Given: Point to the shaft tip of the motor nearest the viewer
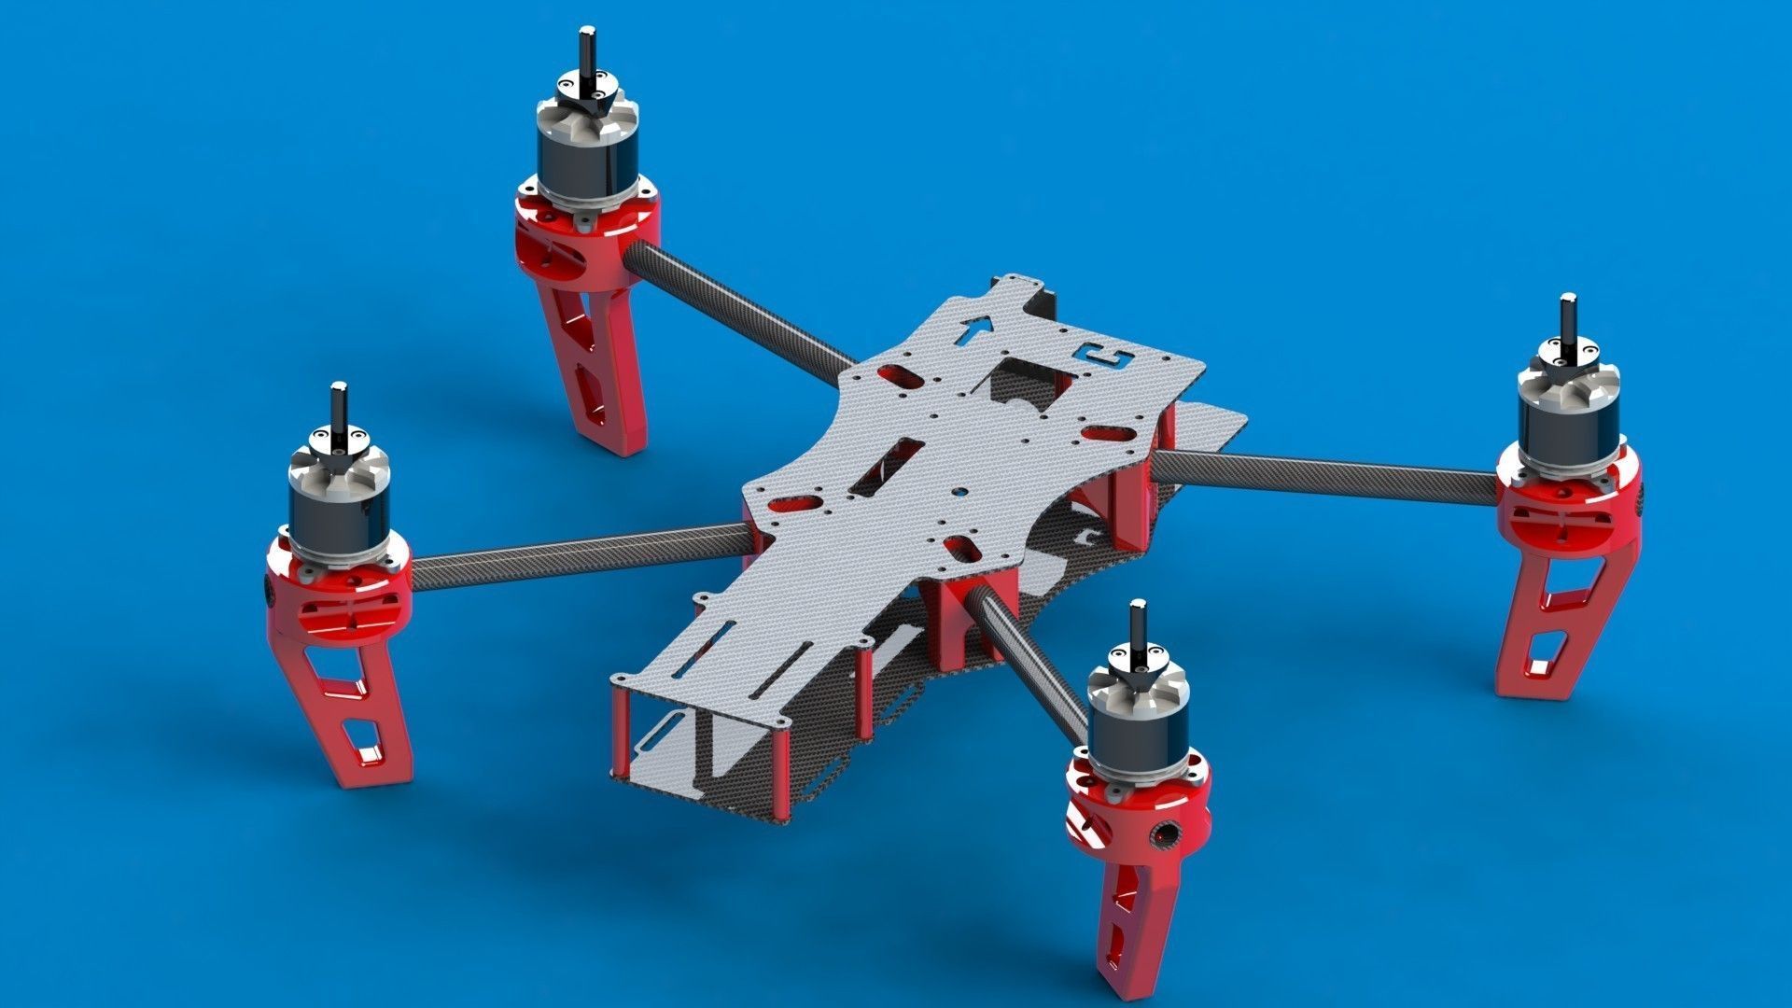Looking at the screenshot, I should click(x=1137, y=609).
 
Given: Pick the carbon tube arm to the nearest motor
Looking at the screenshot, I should click(x=1027, y=663).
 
